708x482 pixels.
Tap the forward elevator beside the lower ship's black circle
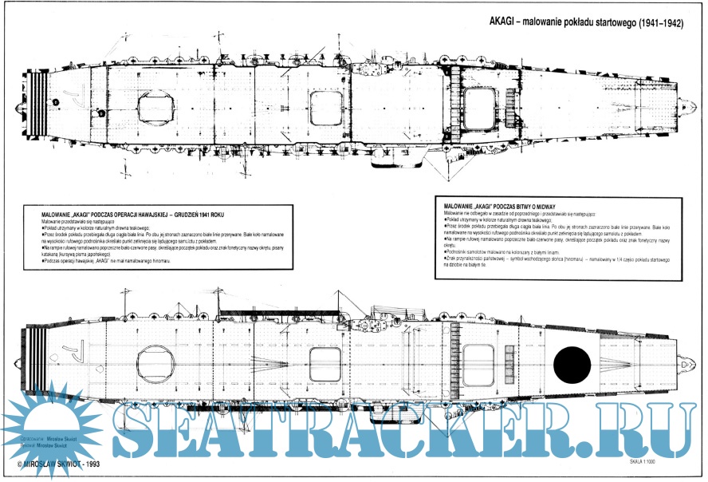pos(479,363)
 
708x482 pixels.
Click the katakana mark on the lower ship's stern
pos(73,349)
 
